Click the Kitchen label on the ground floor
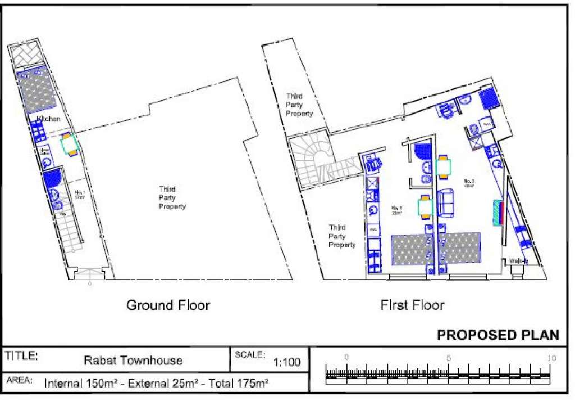49,119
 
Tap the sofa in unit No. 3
446,204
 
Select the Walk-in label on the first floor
518,262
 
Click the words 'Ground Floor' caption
168,305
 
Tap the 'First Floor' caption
413,305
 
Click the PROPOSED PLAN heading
498,335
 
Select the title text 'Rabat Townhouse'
133,361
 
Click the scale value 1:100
287,362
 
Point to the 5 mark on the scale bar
448,358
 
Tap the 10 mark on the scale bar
551,358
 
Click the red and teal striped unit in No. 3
498,213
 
